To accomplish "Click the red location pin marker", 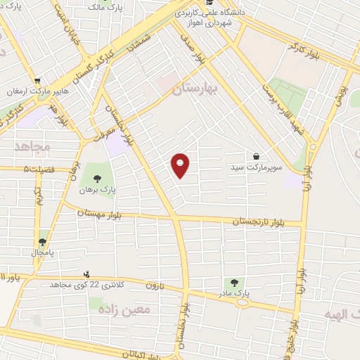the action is pos(181,165).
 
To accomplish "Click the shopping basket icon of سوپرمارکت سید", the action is pos(255,155).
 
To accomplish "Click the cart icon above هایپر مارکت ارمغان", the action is pos(37,79).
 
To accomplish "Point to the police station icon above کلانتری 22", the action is pos(86,274).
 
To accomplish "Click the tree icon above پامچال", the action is pos(42,241).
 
